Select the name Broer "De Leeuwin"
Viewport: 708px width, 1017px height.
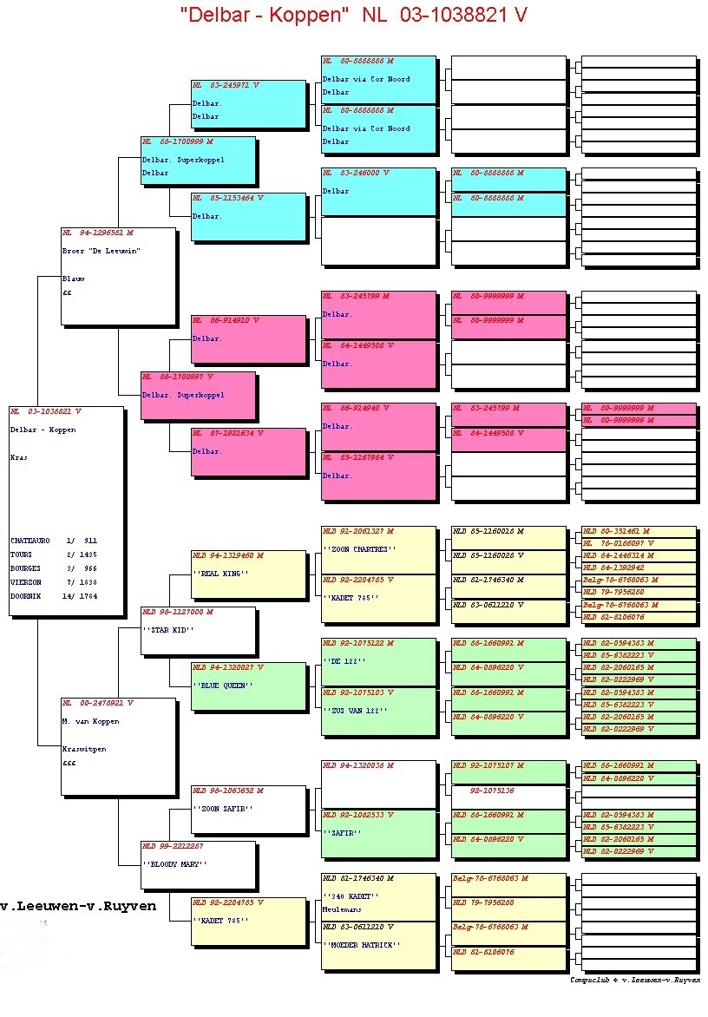[102, 251]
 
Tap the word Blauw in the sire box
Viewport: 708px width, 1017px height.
[74, 279]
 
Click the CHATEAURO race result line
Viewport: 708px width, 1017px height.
[54, 541]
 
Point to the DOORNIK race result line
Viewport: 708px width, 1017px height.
[54, 596]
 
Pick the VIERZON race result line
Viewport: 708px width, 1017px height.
[54, 582]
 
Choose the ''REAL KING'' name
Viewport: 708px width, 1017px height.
[220, 574]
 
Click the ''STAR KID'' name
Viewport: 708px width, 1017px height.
[168, 630]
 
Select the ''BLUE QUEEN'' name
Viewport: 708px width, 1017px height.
[222, 686]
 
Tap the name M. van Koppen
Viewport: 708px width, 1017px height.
[91, 721]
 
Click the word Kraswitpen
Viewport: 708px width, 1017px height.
[84, 749]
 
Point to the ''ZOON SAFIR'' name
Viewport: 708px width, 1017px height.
[222, 809]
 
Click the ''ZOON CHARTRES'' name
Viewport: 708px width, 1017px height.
[359, 549]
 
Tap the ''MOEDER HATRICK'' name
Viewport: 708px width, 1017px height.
[361, 944]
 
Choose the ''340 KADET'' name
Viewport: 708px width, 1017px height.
[351, 896]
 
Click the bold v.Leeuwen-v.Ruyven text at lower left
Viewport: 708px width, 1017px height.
[78, 906]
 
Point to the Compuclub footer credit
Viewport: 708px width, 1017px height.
[635, 980]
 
